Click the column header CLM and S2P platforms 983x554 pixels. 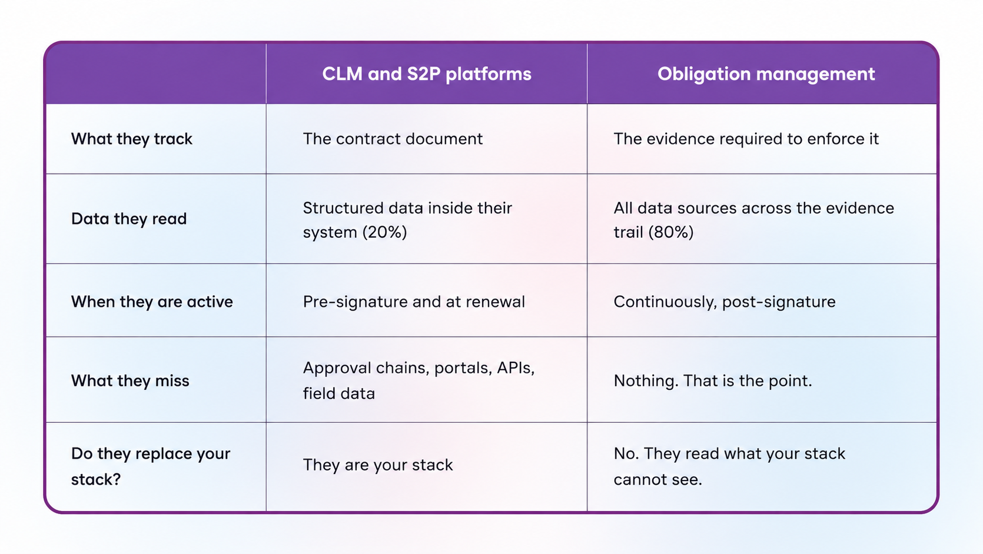[x=427, y=74]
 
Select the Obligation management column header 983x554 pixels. [x=766, y=74]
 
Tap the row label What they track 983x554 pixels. [x=132, y=139]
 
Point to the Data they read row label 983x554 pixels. [x=129, y=219]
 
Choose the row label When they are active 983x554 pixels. [x=152, y=302]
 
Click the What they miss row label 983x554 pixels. [x=130, y=381]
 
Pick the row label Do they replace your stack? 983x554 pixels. [x=151, y=466]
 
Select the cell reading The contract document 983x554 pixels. [x=393, y=139]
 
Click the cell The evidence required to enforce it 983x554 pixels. [x=746, y=139]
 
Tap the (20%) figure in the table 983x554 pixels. [x=384, y=232]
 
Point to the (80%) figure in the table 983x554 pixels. [x=671, y=232]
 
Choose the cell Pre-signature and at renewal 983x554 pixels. [x=414, y=302]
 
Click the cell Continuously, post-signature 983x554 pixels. [x=725, y=302]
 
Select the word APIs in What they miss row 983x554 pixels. [x=516, y=368]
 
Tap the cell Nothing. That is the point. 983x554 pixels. [x=713, y=381]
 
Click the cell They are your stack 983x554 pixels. [x=378, y=465]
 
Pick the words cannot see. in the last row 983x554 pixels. [x=658, y=479]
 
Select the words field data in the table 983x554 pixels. [x=339, y=393]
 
